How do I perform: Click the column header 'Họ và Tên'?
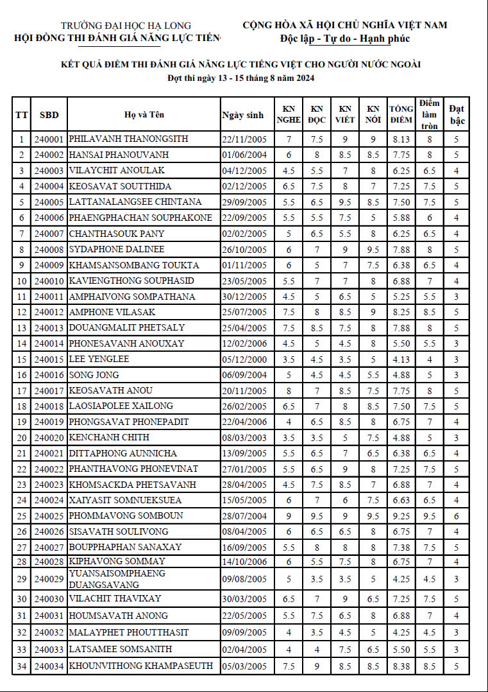144,115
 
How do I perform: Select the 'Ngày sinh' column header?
242,115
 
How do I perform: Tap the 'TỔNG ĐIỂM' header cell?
401,114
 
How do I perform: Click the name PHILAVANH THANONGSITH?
128,139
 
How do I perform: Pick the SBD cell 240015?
49,359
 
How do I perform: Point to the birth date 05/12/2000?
244,359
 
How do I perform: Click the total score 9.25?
401,516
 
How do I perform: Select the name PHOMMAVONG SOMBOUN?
126,516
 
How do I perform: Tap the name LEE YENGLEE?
99,359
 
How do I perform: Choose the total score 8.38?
401,666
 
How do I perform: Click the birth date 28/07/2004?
244,516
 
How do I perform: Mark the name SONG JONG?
94,375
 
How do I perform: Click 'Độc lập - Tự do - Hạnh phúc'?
345,39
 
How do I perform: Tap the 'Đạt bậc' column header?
457,114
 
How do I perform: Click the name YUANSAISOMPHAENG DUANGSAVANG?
117,579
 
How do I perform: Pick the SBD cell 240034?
49,666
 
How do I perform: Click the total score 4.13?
401,359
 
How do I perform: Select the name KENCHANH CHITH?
109,438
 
